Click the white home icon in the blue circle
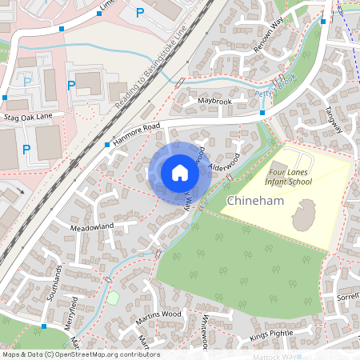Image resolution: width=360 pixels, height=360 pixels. (x=180, y=173)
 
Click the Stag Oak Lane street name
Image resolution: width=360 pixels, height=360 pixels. (x=33, y=116)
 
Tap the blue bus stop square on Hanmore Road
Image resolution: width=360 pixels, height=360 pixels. (x=107, y=145)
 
